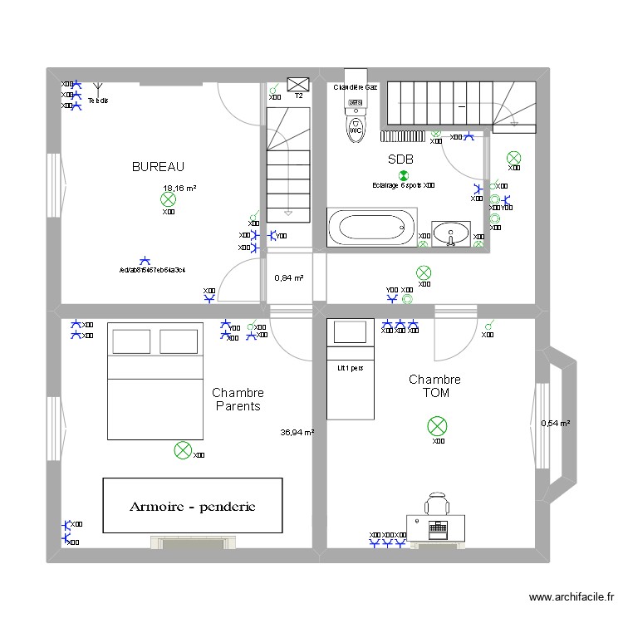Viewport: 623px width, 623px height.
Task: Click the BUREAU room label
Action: pos(158,167)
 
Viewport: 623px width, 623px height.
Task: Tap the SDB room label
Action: pos(400,159)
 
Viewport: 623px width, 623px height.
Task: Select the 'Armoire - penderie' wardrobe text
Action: pos(191,506)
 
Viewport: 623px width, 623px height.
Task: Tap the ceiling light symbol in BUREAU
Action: pos(168,199)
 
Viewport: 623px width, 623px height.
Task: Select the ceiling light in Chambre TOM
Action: pos(436,427)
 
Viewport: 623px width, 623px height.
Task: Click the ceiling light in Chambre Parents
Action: pos(182,451)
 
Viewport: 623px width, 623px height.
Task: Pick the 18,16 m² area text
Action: pos(179,189)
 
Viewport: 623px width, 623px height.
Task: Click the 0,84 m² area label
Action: pos(288,278)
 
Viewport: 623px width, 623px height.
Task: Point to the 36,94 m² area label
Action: pos(297,432)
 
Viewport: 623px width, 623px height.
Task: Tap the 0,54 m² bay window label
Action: pos(555,423)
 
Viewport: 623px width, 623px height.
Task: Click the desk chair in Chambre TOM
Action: pos(437,503)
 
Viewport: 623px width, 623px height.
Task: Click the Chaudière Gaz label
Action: pos(356,87)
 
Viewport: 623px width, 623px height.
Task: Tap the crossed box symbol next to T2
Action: pos(298,83)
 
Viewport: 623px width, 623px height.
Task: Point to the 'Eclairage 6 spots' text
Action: pos(397,186)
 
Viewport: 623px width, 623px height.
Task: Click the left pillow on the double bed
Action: pos(130,341)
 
